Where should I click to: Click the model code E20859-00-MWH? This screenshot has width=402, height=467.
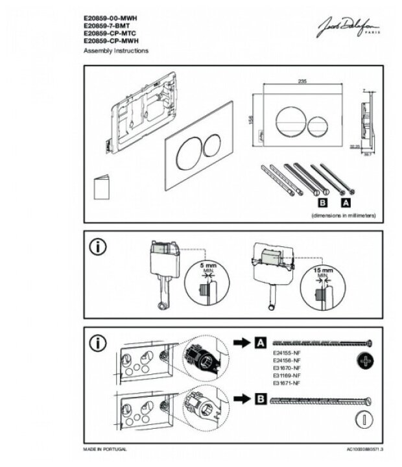[110, 18]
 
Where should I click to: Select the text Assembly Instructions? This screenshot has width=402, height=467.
[116, 50]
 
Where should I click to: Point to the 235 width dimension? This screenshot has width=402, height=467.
[301, 80]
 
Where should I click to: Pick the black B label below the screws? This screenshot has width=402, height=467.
[320, 202]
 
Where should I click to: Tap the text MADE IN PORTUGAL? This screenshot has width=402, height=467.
[105, 448]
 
